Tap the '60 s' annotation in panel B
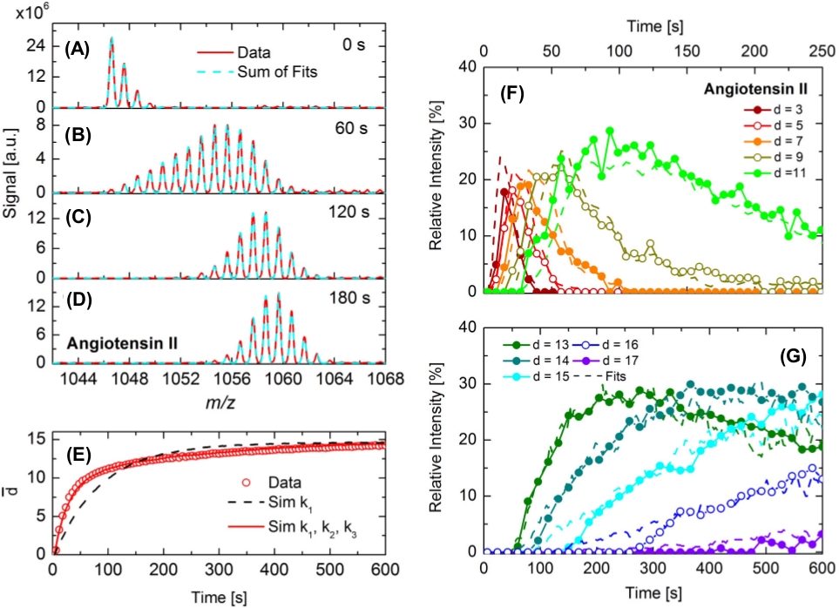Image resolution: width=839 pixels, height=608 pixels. tap(359, 125)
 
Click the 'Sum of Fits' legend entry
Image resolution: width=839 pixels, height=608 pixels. tap(275, 72)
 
